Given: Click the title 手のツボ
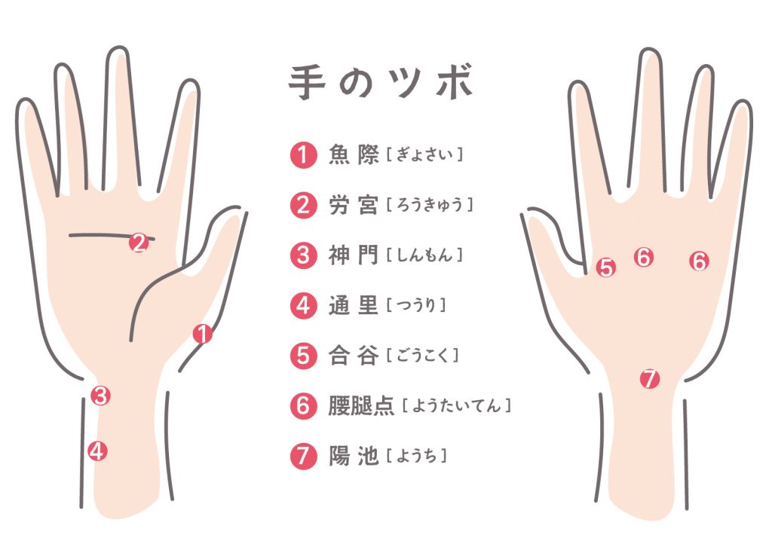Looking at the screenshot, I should [381, 84].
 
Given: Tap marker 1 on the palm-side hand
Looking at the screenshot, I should [202, 333].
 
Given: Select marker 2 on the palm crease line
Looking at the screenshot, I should [138, 243].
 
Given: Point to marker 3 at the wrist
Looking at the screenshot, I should [102, 396].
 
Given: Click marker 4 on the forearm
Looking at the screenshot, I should [96, 451].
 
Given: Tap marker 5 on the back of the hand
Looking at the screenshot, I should [606, 267].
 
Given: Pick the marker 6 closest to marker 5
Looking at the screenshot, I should [643, 258].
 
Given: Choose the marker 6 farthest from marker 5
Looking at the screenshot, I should [700, 261].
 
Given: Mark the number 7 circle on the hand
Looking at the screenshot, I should [650, 378].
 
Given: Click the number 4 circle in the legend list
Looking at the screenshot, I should [303, 305].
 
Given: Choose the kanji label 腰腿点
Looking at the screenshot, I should [361, 405].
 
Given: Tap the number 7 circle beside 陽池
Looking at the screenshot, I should [303, 456].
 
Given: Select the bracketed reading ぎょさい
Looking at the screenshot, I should [424, 155].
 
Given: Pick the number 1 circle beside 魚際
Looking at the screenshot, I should [303, 155].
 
